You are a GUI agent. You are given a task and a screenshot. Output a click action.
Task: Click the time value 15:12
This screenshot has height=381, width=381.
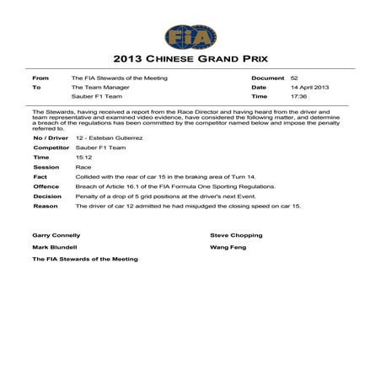pyautogui.click(x=83, y=157)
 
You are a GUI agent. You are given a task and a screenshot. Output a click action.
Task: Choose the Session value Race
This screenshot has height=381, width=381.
pyautogui.click(x=83, y=167)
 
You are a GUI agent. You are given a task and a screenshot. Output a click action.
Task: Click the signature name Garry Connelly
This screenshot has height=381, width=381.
pyautogui.click(x=56, y=235)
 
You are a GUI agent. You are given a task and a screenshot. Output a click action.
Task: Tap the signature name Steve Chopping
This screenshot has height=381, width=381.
pyautogui.click(x=236, y=235)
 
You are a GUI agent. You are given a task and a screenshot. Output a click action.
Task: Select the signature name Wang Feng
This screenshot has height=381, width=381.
pyautogui.click(x=228, y=248)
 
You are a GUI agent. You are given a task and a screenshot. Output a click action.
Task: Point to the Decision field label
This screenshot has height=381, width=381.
pyautogui.click(x=47, y=196)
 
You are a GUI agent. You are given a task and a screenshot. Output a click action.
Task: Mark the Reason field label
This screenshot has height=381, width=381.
pyautogui.click(x=46, y=206)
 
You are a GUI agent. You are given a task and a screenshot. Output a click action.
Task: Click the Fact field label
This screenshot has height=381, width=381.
pyautogui.click(x=40, y=176)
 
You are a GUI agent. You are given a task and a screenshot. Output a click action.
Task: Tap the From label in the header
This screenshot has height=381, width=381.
pyautogui.click(x=40, y=78)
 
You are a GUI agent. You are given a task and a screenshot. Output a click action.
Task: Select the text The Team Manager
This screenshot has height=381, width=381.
pyautogui.click(x=97, y=87)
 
